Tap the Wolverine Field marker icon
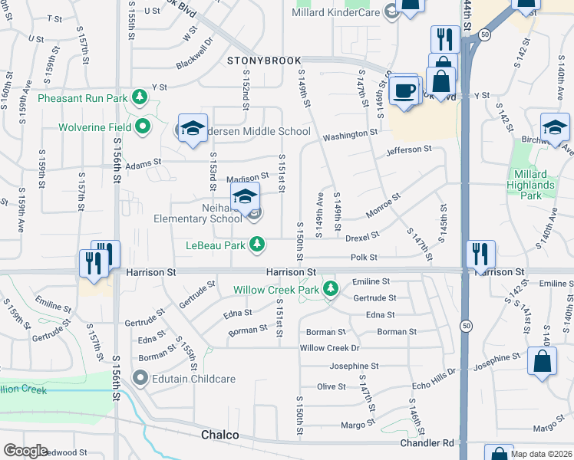[143, 126]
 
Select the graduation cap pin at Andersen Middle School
[193, 128]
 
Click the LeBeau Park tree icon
[259, 245]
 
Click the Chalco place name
[220, 435]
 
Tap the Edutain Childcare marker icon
[140, 378]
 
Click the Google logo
[25, 451]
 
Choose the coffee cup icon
[404, 90]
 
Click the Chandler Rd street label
[427, 443]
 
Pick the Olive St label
[332, 387]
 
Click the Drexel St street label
[362, 238]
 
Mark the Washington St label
[350, 135]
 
